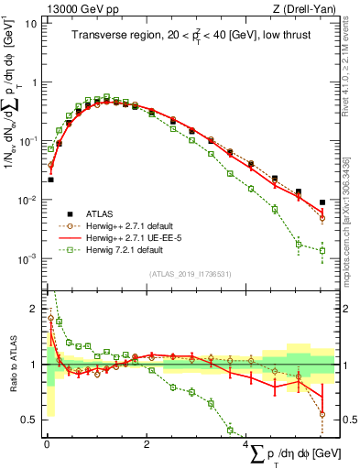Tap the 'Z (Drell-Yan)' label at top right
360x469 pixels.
pyautogui.click(x=302, y=8)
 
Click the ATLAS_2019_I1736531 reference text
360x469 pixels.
pyautogui.click(x=190, y=273)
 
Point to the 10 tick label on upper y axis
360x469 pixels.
pyautogui.click(x=30, y=23)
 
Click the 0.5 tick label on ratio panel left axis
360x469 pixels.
pyautogui.click(x=28, y=420)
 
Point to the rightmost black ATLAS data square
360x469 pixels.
pyautogui.click(x=322, y=202)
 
